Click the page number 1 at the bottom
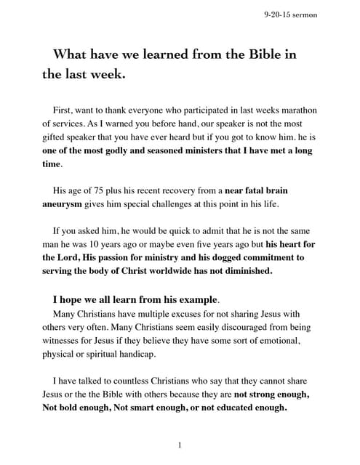tap(180, 445)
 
